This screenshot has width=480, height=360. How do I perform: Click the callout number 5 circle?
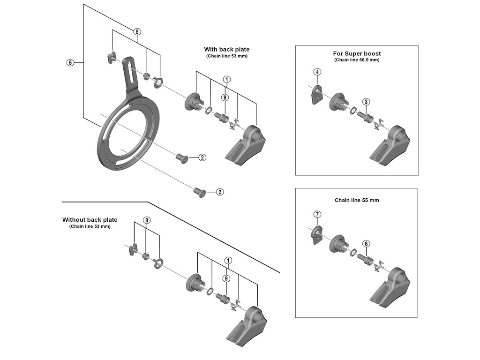click(x=70, y=62)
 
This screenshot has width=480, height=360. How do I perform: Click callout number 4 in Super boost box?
click(x=317, y=72)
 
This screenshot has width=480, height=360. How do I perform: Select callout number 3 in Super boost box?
click(x=366, y=101)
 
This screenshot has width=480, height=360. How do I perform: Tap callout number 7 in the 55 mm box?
click(x=317, y=214)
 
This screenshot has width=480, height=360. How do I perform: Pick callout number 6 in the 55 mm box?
click(x=366, y=243)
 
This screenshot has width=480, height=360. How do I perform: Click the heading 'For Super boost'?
click(x=357, y=53)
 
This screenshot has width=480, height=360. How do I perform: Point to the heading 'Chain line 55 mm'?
click(x=357, y=200)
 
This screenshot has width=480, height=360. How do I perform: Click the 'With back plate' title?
click(x=227, y=49)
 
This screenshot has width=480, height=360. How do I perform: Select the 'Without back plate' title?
click(x=90, y=219)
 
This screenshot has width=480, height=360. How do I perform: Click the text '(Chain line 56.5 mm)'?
click(x=357, y=60)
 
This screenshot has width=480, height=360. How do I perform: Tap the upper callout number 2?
click(x=202, y=157)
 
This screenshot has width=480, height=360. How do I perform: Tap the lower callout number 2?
click(x=219, y=192)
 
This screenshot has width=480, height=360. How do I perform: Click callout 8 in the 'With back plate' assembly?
click(x=137, y=32)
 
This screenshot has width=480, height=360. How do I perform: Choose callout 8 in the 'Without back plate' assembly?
click(x=147, y=220)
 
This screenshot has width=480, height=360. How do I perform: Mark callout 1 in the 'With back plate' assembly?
click(x=226, y=79)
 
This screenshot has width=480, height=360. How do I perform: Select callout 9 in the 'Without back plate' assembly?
click(x=226, y=278)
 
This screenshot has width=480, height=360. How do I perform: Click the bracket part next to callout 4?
click(x=316, y=94)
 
